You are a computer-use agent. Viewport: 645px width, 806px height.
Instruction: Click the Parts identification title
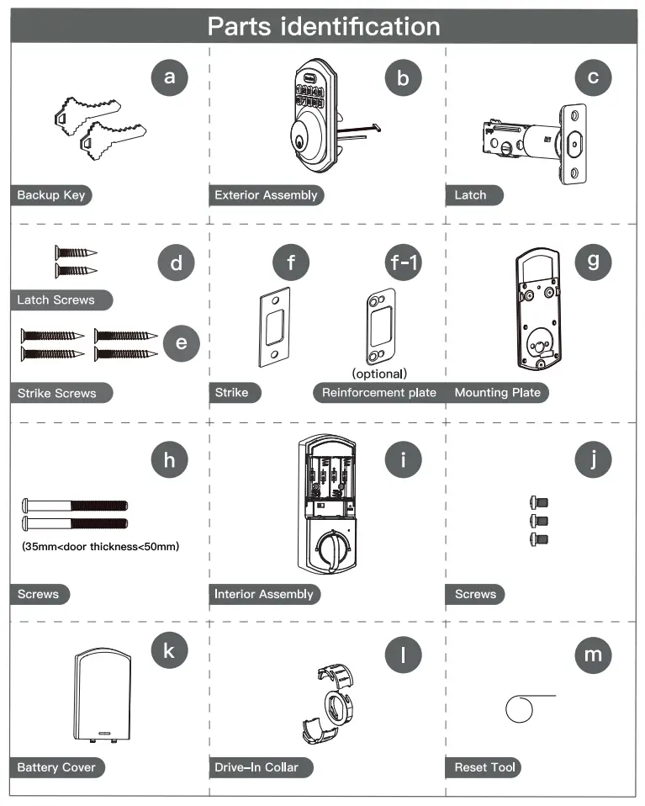tap(324, 26)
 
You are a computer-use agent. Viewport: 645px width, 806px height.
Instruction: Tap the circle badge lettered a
tap(170, 78)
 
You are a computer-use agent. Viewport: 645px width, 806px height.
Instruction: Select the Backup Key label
tap(50, 195)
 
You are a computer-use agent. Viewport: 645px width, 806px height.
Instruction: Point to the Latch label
tap(471, 195)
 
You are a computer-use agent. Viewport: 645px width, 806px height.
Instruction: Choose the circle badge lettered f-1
tap(404, 263)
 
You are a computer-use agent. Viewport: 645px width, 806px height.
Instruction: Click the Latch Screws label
tap(56, 300)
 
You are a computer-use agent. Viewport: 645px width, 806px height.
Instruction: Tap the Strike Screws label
tap(57, 393)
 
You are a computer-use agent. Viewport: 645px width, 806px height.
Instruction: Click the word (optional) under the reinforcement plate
tap(379, 373)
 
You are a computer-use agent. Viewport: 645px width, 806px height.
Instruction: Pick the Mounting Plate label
tap(498, 393)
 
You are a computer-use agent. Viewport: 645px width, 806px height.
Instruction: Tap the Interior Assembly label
tap(264, 595)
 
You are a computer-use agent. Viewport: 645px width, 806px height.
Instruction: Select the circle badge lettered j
tap(593, 460)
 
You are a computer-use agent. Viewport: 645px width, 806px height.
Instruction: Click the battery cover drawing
tap(102, 695)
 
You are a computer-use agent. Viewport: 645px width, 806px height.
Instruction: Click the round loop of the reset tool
tap(520, 708)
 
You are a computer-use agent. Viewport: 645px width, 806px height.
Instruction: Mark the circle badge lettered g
tap(593, 262)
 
